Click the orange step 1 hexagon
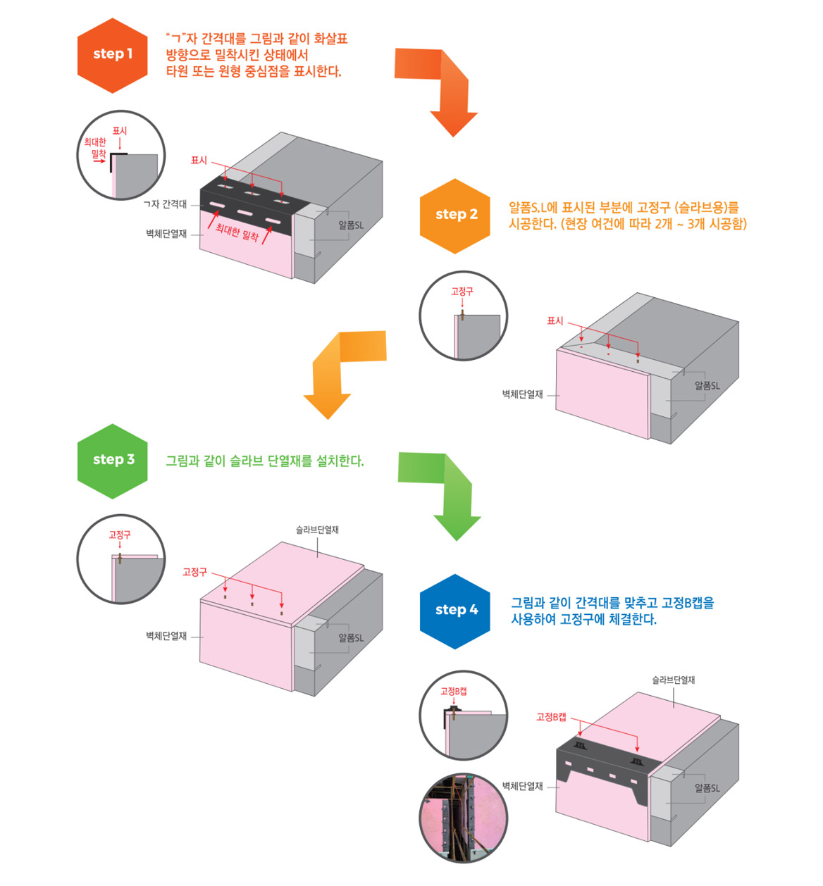(x=113, y=55)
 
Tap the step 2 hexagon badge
(x=455, y=216)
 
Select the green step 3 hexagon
(x=113, y=461)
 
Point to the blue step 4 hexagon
(x=455, y=611)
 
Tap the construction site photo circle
(x=463, y=818)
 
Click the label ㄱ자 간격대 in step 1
(x=165, y=204)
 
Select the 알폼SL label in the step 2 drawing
(x=707, y=386)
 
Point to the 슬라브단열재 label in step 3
(x=317, y=530)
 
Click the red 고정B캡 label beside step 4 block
(x=551, y=717)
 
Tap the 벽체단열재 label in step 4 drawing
(x=522, y=786)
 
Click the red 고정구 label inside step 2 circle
(x=462, y=292)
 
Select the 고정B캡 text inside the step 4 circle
(x=453, y=692)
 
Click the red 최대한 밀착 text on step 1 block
(x=237, y=232)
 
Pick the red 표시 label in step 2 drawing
(x=555, y=321)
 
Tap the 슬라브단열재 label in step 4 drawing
(x=673, y=680)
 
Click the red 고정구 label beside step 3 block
(x=194, y=572)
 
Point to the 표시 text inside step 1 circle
(x=120, y=131)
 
